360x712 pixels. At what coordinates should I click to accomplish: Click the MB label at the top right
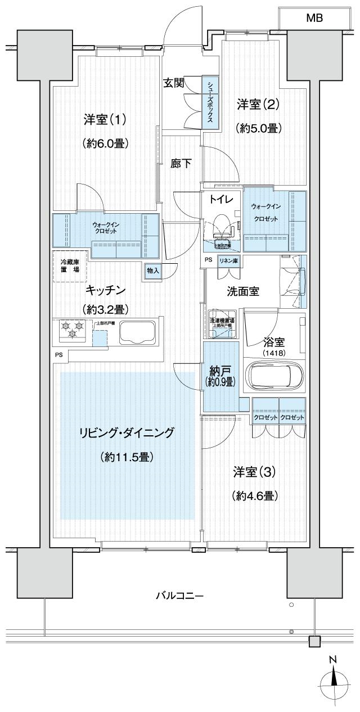(x=314, y=18)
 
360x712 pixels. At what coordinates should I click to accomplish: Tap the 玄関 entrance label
(x=173, y=83)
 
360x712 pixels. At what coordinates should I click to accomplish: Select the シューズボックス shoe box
(x=209, y=101)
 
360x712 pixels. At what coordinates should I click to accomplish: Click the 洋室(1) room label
(x=105, y=119)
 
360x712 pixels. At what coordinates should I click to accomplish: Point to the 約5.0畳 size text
(x=258, y=128)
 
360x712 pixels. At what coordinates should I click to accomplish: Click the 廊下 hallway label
(x=181, y=164)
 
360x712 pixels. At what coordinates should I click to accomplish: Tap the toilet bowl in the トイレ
(x=222, y=224)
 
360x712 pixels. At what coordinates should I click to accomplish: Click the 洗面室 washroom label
(x=242, y=292)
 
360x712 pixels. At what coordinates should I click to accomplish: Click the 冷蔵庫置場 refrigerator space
(x=70, y=265)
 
